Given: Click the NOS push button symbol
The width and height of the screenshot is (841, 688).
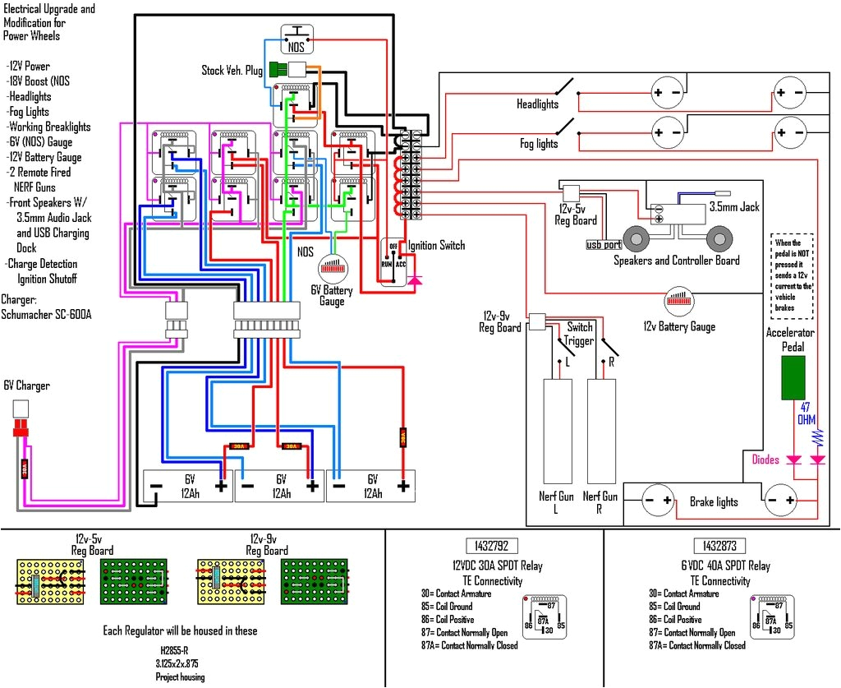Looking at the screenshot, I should pos(296,39).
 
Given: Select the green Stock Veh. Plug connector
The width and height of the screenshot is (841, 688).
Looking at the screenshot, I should pos(276,69).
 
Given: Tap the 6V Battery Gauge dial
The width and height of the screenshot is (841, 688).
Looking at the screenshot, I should pos(334,267).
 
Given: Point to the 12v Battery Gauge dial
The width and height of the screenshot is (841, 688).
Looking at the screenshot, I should pos(679,300).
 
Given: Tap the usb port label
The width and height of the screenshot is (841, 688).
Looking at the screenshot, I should pos(604,245).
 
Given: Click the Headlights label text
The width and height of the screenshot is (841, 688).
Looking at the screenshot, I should pos(537,104).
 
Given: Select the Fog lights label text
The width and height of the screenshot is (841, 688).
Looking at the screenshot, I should pos(539,144).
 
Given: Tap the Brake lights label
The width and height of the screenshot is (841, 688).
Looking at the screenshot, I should pos(714,501).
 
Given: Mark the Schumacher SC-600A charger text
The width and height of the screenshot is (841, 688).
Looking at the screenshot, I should pos(45,315).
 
